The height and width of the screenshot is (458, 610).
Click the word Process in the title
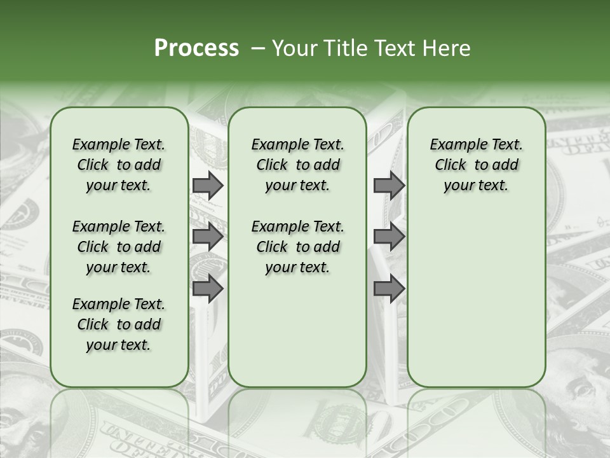[x=196, y=48]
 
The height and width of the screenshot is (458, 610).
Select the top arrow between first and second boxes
[x=207, y=186]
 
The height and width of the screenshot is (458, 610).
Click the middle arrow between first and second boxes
[x=207, y=237]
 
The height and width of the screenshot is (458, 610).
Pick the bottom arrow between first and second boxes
[x=207, y=289]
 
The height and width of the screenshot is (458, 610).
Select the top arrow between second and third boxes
[x=388, y=186]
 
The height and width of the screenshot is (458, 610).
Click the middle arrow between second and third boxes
[x=388, y=237]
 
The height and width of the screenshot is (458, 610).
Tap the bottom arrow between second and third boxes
[x=388, y=289]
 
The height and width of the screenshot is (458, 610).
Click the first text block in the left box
[x=119, y=165]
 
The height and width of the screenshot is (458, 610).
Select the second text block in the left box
[x=119, y=247]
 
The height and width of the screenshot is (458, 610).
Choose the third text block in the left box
[x=119, y=324]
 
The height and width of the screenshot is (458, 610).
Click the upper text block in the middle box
[x=297, y=165]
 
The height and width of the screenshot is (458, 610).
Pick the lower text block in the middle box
[x=297, y=247]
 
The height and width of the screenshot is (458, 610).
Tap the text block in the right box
[x=476, y=165]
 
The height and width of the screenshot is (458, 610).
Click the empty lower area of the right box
[x=476, y=299]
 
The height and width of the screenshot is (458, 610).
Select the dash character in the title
[x=258, y=48]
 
